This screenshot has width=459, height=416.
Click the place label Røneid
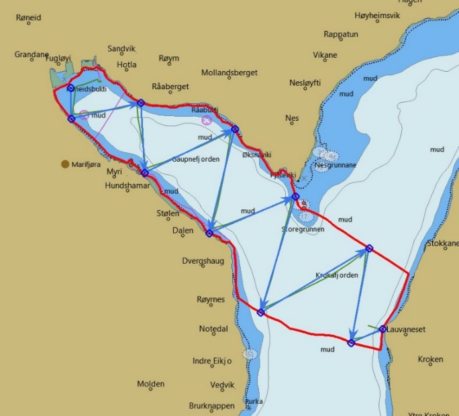[x=29, y=17]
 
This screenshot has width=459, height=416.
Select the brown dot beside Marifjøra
[x=65, y=163]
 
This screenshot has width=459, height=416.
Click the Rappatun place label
[x=341, y=34]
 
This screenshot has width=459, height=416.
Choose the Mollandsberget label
[x=229, y=72]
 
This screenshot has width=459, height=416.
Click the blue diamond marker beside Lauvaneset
[x=382, y=329]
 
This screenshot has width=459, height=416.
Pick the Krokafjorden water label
[x=337, y=275]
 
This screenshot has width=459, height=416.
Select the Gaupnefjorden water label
[x=195, y=159]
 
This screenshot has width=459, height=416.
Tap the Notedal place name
[x=213, y=329]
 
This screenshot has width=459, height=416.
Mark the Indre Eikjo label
[x=212, y=361]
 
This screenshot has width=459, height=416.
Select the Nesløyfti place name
[x=305, y=83]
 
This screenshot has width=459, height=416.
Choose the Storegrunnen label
[x=303, y=229]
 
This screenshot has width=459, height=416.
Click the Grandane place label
[x=32, y=55]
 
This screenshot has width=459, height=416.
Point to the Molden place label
[x=150, y=384]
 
